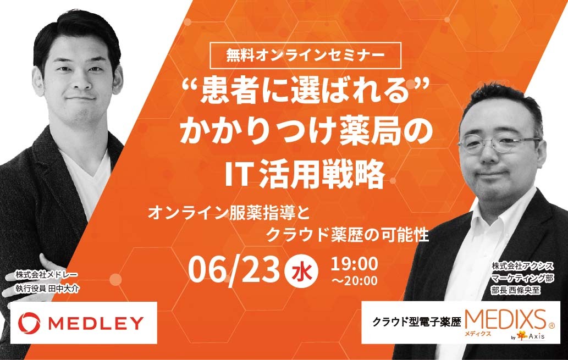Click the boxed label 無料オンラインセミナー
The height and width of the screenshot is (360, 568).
305,56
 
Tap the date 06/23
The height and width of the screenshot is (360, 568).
234,270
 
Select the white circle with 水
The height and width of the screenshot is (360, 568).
302,272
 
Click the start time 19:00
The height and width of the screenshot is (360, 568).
354,264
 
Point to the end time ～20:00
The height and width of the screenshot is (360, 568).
354,280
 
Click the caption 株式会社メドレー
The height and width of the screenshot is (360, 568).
46,275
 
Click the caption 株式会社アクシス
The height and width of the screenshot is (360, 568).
523,266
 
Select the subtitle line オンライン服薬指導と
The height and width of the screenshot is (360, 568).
229,213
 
